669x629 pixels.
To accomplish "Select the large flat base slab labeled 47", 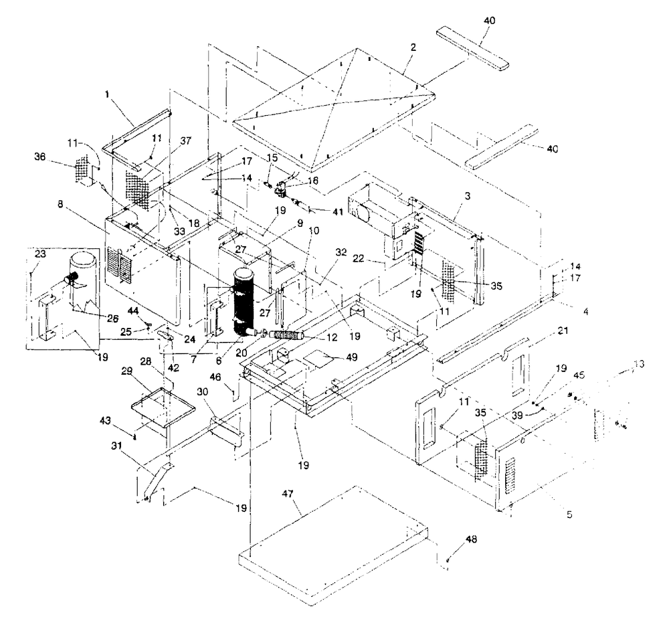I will (328, 549).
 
